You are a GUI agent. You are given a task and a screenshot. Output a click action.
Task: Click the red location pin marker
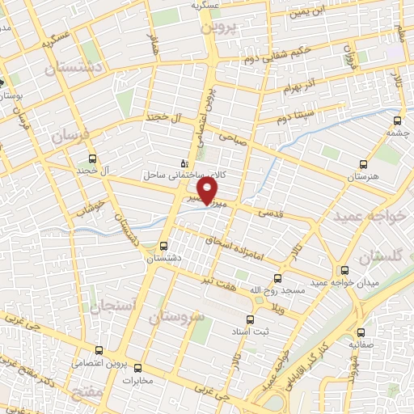tap(209, 190)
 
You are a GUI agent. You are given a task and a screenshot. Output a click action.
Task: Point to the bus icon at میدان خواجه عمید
tap(345, 270)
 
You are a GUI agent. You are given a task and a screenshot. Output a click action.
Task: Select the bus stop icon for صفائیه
tap(361, 332)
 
